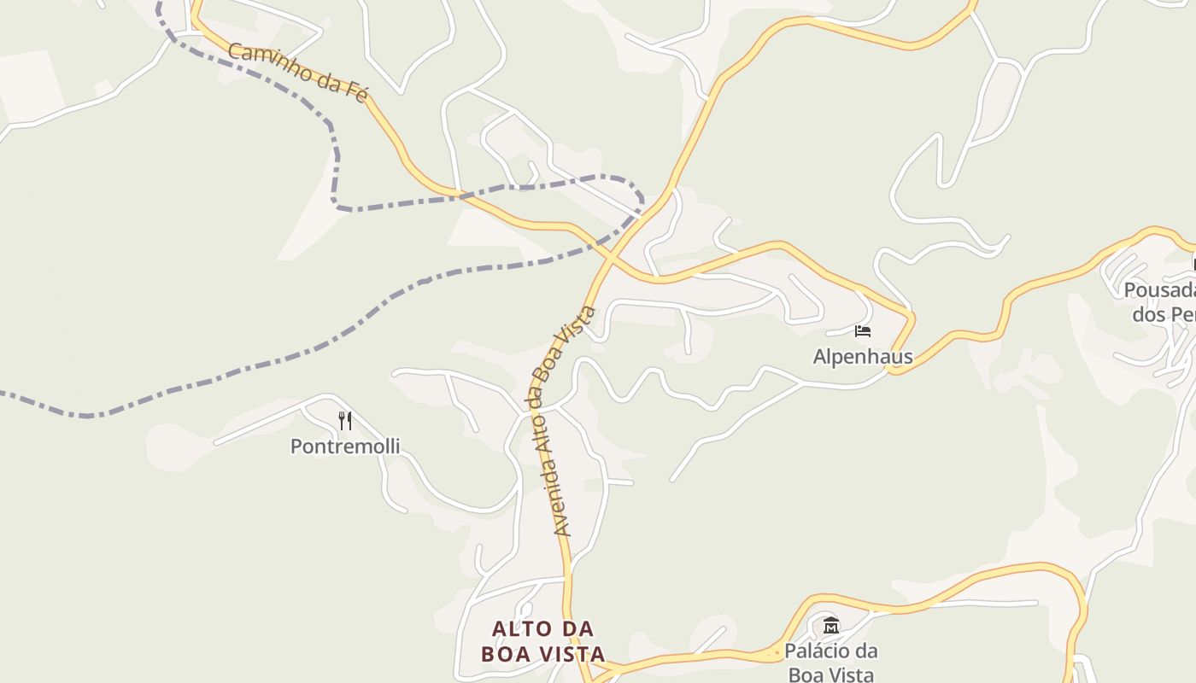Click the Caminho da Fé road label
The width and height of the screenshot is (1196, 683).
(x=297, y=73)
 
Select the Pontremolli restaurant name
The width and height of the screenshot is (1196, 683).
(x=345, y=447)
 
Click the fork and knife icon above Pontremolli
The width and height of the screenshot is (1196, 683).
(x=345, y=420)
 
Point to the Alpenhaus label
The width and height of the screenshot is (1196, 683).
(x=862, y=357)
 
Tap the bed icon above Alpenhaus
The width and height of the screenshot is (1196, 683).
(x=862, y=331)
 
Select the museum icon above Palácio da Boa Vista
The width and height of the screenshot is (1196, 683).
(x=831, y=625)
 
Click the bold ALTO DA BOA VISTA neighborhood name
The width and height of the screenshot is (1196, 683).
(x=543, y=642)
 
